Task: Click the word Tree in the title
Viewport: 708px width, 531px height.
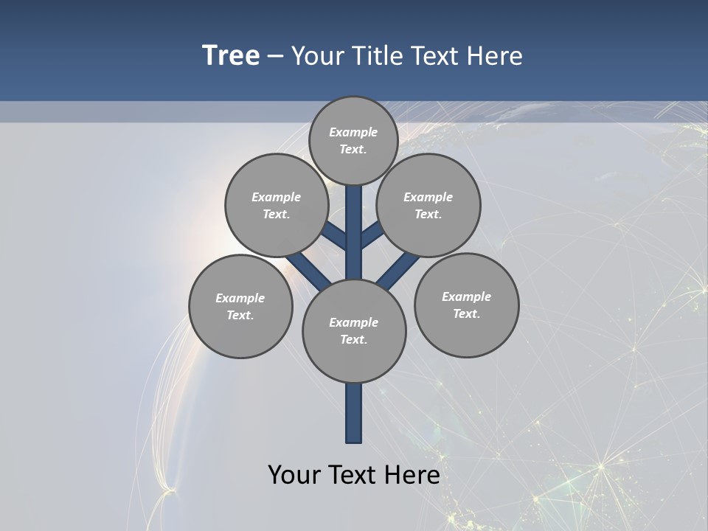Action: click(231, 55)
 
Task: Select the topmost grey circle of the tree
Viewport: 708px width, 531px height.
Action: click(353, 141)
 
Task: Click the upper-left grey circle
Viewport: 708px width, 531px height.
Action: click(277, 205)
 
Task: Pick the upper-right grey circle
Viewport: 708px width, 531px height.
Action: click(428, 205)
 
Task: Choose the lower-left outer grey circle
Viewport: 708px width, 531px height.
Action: click(240, 307)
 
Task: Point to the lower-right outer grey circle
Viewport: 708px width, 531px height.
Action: click(467, 305)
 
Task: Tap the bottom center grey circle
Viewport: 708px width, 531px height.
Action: click(354, 331)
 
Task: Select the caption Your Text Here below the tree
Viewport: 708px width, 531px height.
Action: click(354, 475)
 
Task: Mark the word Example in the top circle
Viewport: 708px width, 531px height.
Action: click(353, 133)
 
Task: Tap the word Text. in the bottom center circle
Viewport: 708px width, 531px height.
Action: click(354, 340)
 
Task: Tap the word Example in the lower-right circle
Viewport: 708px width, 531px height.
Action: click(466, 296)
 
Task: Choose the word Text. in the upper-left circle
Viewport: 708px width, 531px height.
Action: click(277, 215)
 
